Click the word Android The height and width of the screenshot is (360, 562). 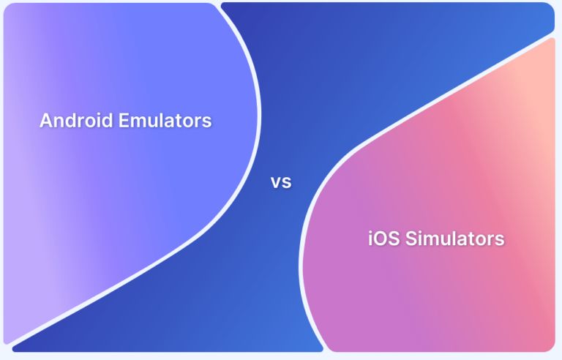(x=70, y=121)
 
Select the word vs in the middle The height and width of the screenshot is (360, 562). (x=281, y=182)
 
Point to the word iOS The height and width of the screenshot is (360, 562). (x=383, y=239)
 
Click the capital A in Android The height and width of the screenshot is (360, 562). (x=45, y=121)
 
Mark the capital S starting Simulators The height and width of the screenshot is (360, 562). (x=411, y=239)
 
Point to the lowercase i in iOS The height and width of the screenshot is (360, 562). (x=371, y=239)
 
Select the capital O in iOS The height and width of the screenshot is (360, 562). (x=383, y=239)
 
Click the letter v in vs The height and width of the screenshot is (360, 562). (x=276, y=183)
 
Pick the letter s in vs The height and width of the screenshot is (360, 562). (x=286, y=183)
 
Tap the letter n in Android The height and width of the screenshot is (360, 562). (x=58, y=121)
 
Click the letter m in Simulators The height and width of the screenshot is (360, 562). (x=430, y=240)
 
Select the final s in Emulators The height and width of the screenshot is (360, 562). (x=207, y=121)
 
